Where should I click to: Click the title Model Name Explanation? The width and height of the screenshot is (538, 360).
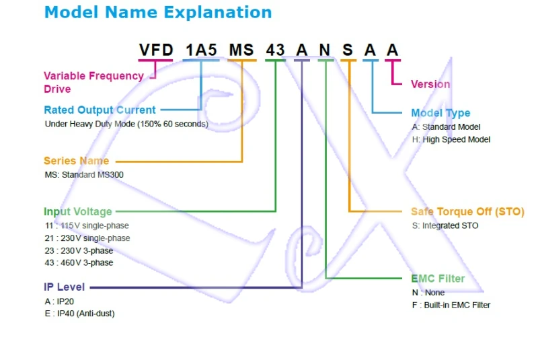158,12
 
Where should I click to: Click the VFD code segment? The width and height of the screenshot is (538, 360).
156,50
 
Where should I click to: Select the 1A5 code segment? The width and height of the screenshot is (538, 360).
202,50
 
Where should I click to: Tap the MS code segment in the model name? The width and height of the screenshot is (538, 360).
242,50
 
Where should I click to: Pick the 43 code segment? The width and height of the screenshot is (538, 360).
276,50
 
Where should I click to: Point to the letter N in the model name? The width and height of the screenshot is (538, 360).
325,50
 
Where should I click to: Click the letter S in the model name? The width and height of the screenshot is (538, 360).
348,50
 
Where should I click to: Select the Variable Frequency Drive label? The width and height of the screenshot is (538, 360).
93,82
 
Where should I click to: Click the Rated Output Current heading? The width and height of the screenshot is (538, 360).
100,110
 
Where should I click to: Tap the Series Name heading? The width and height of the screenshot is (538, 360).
76,161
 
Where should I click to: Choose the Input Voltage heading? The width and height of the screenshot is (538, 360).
78,211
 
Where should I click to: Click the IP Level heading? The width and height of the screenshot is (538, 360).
65,287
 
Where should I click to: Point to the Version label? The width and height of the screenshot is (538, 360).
430,84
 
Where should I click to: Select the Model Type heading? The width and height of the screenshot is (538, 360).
440,113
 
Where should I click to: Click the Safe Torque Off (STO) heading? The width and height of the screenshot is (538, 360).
467,211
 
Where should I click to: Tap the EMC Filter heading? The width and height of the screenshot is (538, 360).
438,279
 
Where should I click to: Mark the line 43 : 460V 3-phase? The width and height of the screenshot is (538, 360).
79,262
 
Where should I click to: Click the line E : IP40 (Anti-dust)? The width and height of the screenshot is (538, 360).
79,314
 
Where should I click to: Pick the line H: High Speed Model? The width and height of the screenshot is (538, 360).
451,139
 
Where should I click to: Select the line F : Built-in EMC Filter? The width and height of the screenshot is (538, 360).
451,305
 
